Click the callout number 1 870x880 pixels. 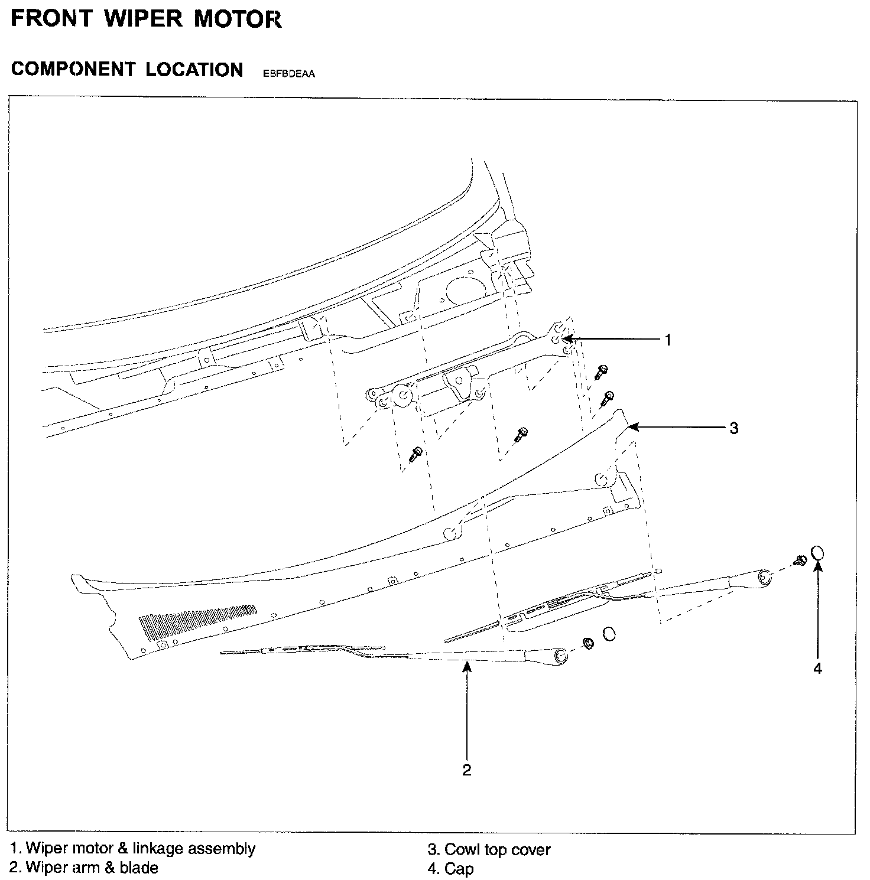click(668, 341)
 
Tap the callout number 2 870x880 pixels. click(467, 770)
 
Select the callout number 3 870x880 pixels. click(733, 428)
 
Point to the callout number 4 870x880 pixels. click(818, 669)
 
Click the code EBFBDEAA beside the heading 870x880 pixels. click(285, 74)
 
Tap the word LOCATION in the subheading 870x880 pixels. click(194, 70)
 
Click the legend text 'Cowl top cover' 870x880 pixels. click(497, 850)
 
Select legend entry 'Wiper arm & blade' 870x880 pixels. click(93, 868)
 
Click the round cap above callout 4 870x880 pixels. click(817, 553)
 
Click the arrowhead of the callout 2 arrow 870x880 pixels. click(467, 666)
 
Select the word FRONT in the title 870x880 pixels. click(52, 19)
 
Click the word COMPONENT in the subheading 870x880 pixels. click(73, 70)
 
